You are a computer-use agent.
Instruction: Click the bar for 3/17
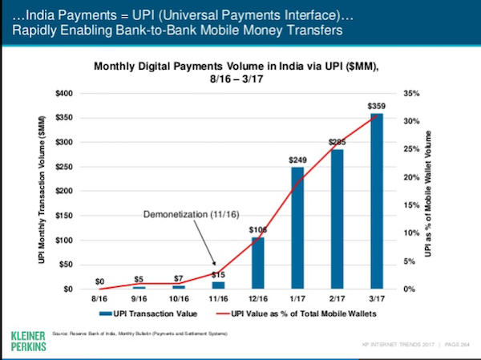pos(376,201)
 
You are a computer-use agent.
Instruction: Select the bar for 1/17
pos(297,228)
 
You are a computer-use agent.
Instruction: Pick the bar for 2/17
pos(337,219)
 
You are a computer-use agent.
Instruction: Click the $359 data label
pos(376,106)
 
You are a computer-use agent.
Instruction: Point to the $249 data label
pos(297,160)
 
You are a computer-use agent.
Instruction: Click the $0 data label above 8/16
pos(99,281)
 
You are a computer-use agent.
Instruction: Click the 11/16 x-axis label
pos(218,297)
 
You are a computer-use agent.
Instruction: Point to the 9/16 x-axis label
pos(139,297)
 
